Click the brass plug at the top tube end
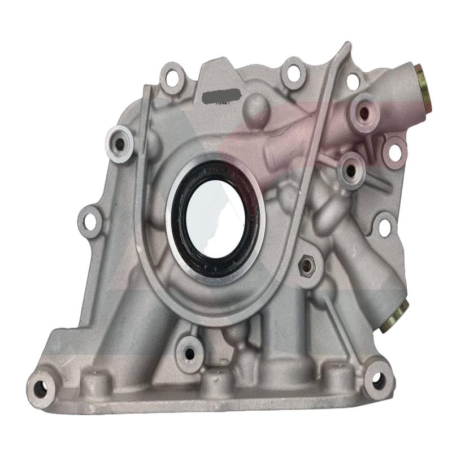423,88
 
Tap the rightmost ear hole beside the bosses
395,151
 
